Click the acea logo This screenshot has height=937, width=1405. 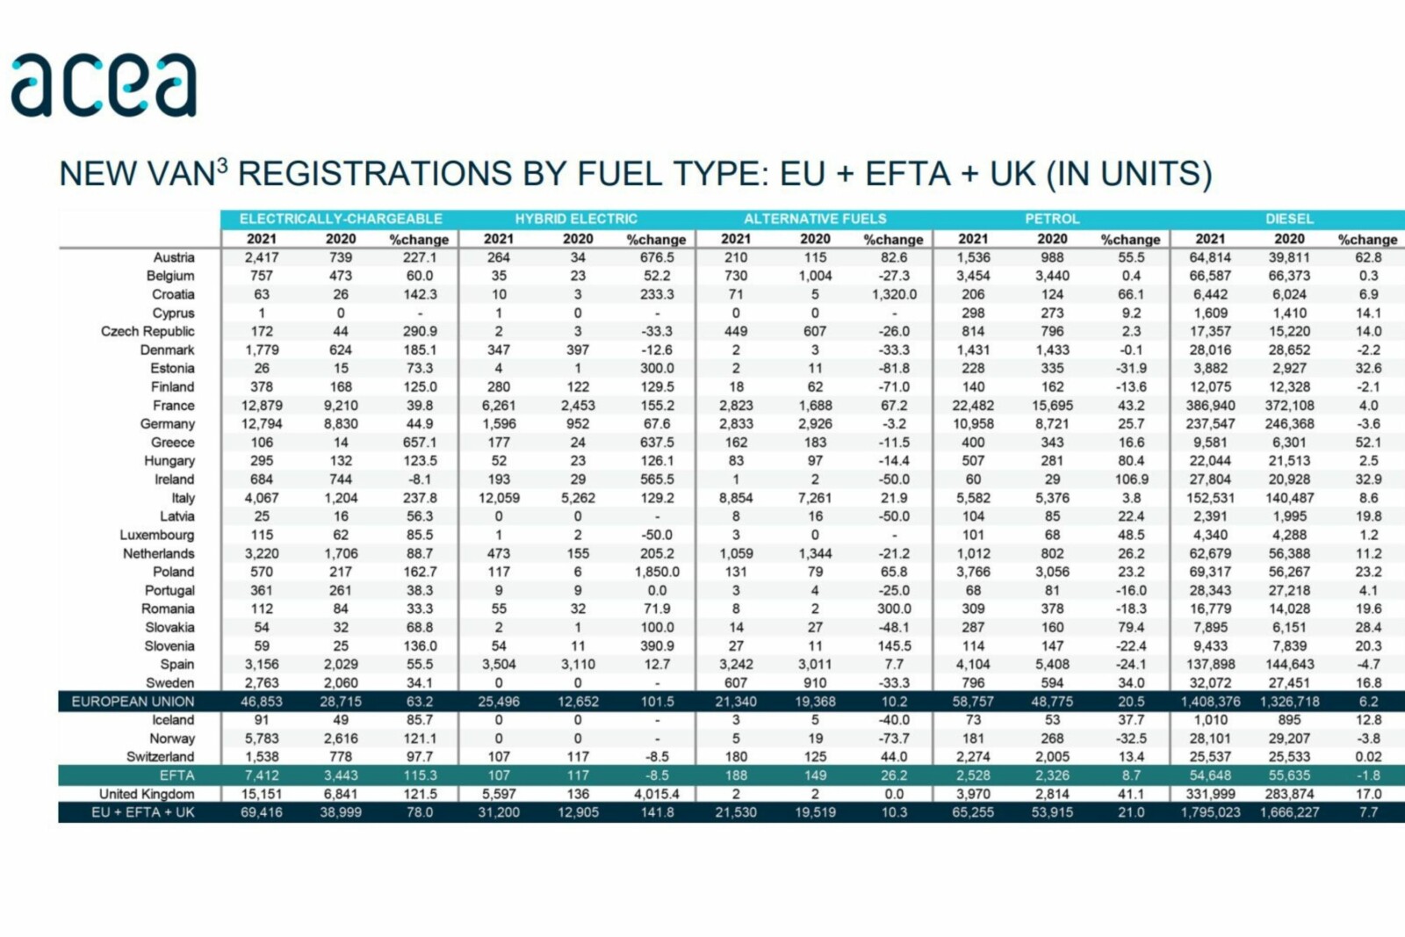(104, 85)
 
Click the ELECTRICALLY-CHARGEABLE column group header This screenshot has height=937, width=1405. (341, 219)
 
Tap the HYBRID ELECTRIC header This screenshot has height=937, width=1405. (576, 219)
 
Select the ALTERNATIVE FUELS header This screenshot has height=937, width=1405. (815, 219)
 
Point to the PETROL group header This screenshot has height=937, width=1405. (1052, 219)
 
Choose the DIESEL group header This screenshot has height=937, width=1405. (1289, 219)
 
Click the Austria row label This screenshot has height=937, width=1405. (174, 257)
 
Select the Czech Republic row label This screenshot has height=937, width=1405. (148, 331)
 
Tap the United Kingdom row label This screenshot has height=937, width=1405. (147, 794)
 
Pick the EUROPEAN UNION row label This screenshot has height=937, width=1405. (133, 702)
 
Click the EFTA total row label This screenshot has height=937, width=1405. (177, 775)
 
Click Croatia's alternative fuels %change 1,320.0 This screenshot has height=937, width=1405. (894, 294)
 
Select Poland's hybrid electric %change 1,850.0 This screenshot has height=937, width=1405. (657, 572)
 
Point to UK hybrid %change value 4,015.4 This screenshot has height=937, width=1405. (657, 794)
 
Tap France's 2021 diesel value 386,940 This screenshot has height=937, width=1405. (1210, 406)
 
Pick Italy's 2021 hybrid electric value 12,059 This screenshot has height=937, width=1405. (499, 498)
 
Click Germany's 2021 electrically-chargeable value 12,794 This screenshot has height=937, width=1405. (262, 424)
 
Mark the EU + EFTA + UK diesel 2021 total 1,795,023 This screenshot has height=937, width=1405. (1210, 812)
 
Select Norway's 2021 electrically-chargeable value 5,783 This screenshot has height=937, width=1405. (262, 739)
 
